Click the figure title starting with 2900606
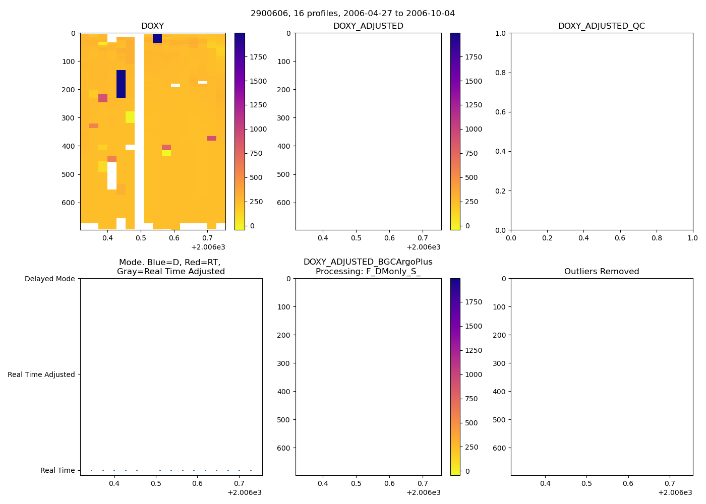pyautogui.click(x=352, y=13)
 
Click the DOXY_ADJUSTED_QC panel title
pyautogui.click(x=601, y=26)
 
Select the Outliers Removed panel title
pyautogui.click(x=601, y=272)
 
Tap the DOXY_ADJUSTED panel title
pyautogui.click(x=368, y=26)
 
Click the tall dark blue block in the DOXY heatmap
pyautogui.click(x=121, y=84)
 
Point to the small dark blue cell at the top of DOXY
pyautogui.click(x=157, y=38)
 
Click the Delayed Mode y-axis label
pyautogui.click(x=49, y=279)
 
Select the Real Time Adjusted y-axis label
pyautogui.click(x=41, y=374)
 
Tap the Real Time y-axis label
pyautogui.click(x=57, y=470)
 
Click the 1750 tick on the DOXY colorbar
pyautogui.click(x=258, y=57)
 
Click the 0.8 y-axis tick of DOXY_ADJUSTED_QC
pyautogui.click(x=500, y=73)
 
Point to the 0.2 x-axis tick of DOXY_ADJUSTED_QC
pyautogui.click(x=547, y=238)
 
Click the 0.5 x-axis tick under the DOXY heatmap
pyautogui.click(x=141, y=238)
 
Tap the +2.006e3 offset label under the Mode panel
pyautogui.click(x=244, y=492)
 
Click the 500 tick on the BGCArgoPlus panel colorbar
pyautogui.click(x=471, y=423)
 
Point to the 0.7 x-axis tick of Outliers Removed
pyautogui.click(x=670, y=483)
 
